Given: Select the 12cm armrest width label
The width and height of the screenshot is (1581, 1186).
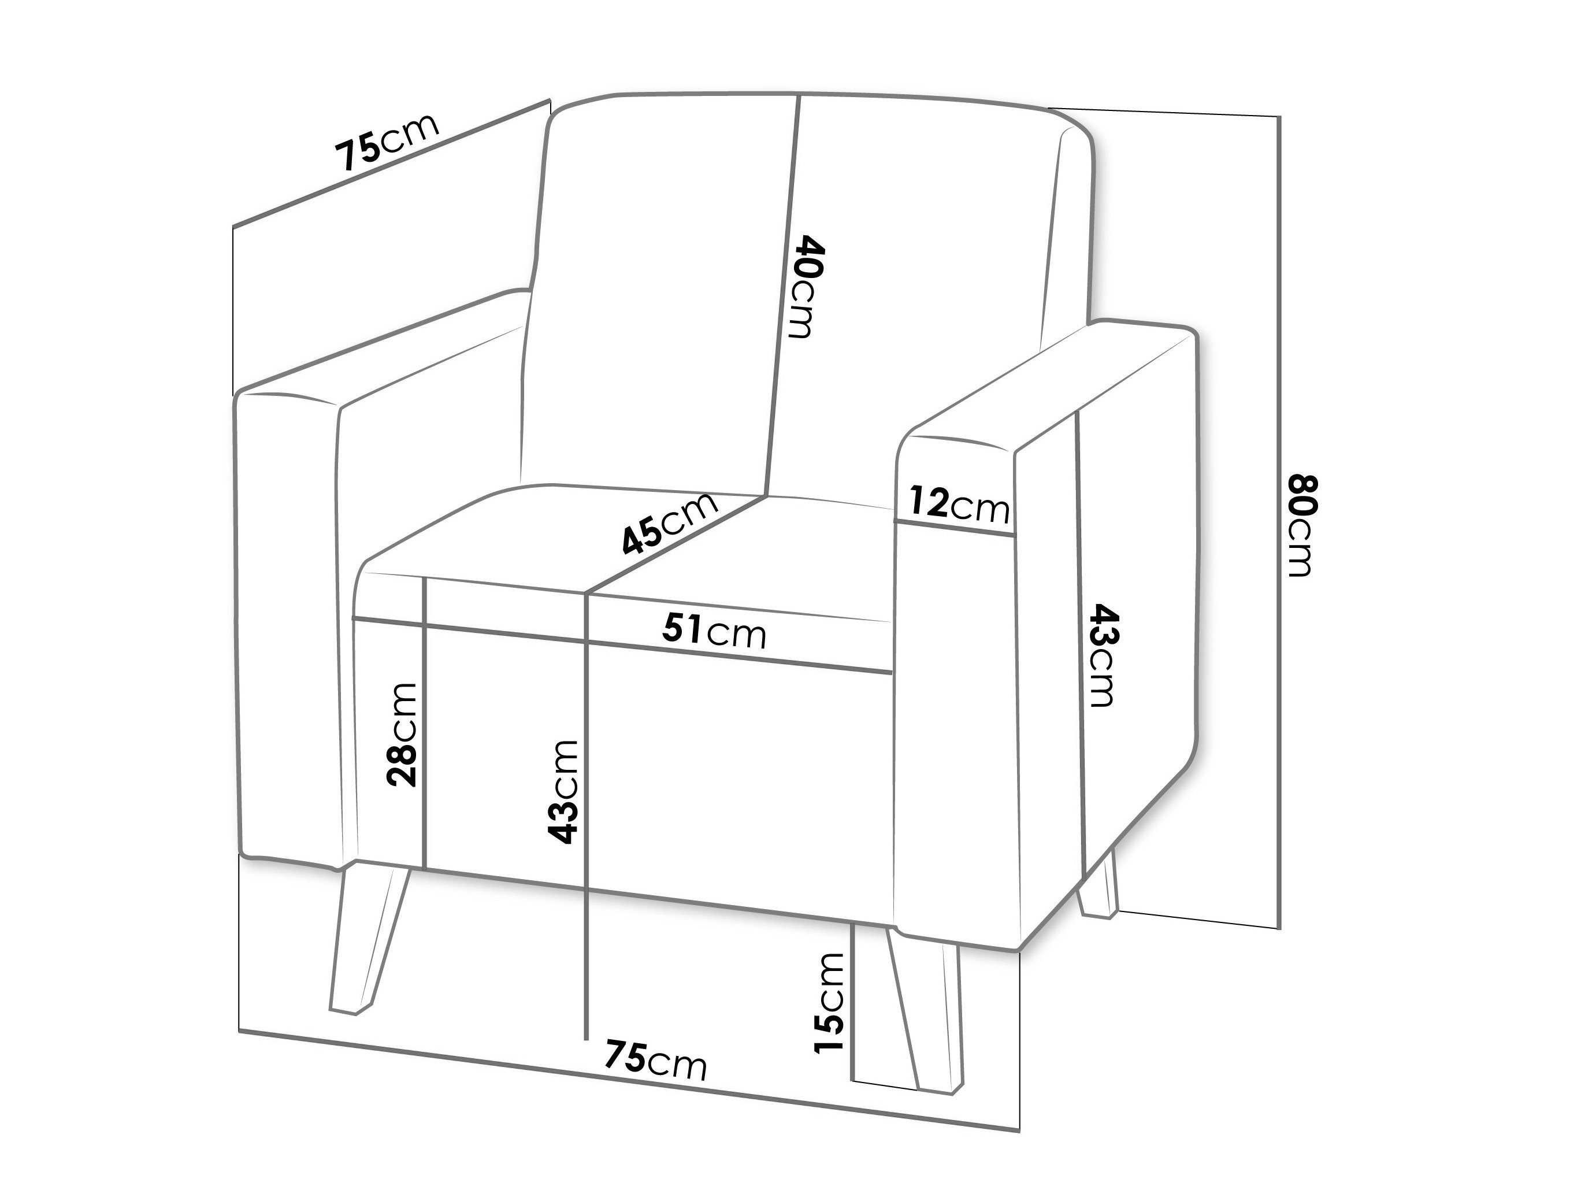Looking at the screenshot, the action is point(959,503).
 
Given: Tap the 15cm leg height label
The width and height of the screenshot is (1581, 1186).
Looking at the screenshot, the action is point(829,1003).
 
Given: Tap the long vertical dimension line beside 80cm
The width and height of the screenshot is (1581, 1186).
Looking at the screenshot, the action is point(1279,522).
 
